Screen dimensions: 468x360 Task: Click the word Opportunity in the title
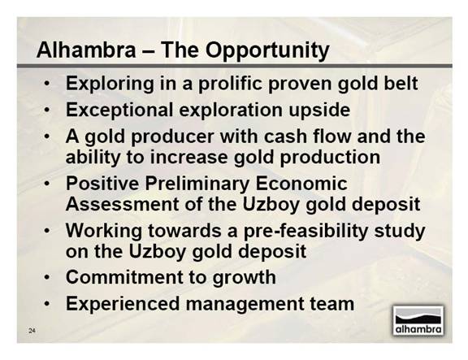[267, 50]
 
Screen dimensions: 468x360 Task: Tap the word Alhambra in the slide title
[86, 50]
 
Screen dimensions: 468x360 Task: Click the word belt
[401, 83]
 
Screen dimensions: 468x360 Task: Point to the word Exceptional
[119, 111]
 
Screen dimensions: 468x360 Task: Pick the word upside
[319, 111]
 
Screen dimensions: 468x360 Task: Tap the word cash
[286, 137]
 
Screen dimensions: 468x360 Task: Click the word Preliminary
[197, 184]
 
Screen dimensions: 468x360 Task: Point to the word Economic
[301, 184]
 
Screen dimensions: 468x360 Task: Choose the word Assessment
[123, 204]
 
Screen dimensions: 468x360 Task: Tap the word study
[400, 232]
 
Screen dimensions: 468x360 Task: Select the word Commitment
[123, 277]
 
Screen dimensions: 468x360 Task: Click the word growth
[244, 278]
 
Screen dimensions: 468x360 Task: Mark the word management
[244, 305]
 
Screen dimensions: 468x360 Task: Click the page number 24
[32, 331]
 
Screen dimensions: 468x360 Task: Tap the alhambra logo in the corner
[418, 320]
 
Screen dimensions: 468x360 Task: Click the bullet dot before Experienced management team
[47, 304]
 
